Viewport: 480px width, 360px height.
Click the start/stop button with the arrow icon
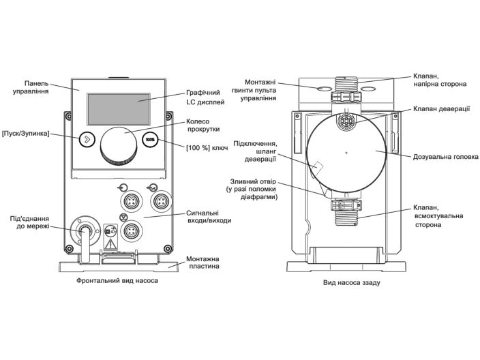click(x=85, y=139)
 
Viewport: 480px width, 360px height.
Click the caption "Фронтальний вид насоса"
click(x=112, y=281)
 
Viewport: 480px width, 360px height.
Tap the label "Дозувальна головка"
click(x=445, y=157)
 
